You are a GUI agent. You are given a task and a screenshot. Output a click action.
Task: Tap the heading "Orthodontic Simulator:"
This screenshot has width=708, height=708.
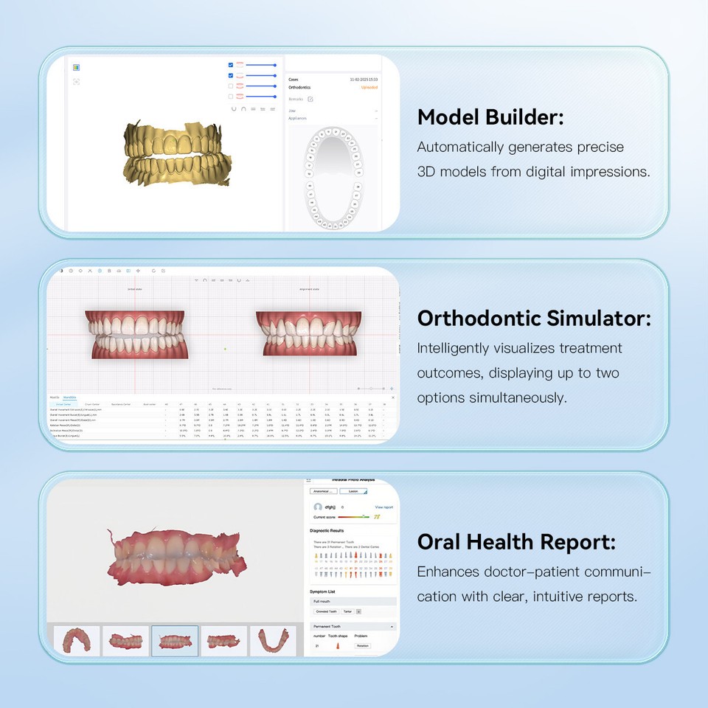click(x=534, y=319)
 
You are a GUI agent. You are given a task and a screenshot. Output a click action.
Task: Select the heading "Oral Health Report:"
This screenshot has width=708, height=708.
click(x=516, y=542)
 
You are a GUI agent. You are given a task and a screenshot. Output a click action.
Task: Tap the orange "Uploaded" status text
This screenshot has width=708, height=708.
click(x=369, y=87)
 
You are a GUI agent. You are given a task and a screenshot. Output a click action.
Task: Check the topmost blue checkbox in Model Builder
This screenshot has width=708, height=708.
click(x=231, y=65)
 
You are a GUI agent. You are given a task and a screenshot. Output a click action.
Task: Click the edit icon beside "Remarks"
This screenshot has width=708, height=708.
click(x=310, y=99)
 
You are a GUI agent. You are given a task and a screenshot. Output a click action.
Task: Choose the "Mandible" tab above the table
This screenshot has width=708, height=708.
click(x=70, y=398)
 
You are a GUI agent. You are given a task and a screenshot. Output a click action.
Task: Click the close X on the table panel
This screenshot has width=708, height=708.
click(x=392, y=398)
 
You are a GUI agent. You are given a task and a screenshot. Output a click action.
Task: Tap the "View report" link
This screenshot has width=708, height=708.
click(x=383, y=507)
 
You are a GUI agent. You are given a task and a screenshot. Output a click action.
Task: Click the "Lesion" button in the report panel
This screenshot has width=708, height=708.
click(x=353, y=490)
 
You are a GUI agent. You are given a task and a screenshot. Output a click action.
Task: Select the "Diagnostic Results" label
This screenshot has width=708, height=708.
click(x=327, y=530)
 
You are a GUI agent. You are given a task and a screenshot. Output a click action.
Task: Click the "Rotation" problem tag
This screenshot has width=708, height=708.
click(x=362, y=646)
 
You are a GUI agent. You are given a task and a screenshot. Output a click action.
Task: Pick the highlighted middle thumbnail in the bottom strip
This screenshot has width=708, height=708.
click(x=175, y=640)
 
